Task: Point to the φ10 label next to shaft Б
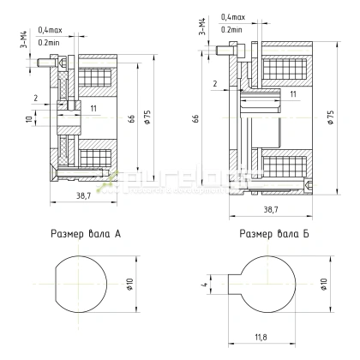[325, 283]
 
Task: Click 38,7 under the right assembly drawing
[271, 208]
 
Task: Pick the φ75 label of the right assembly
[330, 120]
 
